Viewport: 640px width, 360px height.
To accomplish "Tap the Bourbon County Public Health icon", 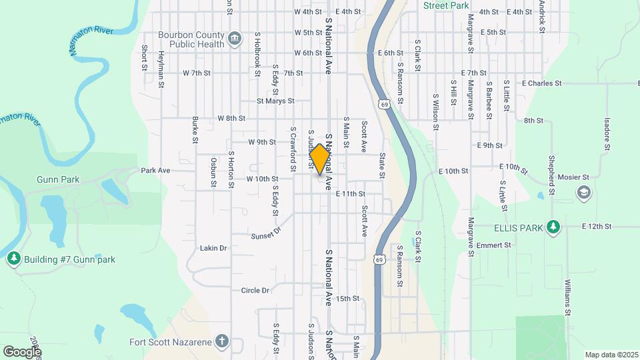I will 235,37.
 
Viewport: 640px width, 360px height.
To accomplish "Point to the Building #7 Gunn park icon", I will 13,259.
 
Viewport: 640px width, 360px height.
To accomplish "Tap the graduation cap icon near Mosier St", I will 583,193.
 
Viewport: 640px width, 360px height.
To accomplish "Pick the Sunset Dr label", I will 267,233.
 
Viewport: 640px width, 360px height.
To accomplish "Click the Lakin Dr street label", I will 213,248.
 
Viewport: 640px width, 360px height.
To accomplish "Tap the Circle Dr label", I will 255,290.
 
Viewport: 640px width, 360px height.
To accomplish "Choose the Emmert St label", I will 497,245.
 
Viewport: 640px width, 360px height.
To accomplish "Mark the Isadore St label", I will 607,134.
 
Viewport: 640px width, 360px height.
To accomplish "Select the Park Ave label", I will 155,170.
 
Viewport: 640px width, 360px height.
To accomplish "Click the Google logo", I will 22,351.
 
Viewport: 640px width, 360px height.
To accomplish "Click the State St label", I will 382,165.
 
